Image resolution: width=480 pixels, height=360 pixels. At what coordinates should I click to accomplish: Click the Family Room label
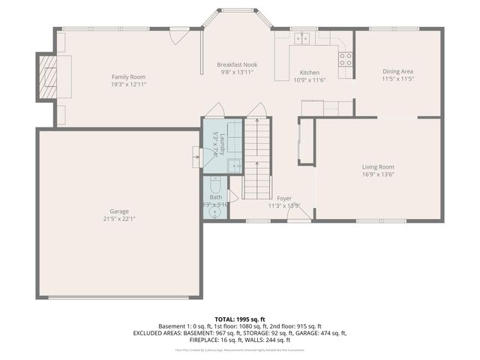click(x=128, y=76)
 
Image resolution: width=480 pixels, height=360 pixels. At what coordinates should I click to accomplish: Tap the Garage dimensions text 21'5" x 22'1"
click(x=119, y=219)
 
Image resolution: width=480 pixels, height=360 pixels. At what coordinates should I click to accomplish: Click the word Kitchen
click(x=310, y=72)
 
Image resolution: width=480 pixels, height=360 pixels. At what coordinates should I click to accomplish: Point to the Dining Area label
click(x=397, y=71)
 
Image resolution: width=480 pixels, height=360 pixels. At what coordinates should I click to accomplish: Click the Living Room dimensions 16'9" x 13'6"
click(x=378, y=174)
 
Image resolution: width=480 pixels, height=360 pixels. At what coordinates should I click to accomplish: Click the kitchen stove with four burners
click(x=345, y=59)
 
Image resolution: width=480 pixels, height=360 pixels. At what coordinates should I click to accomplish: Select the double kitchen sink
click(x=303, y=38)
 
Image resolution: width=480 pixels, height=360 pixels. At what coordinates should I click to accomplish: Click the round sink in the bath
click(x=216, y=212)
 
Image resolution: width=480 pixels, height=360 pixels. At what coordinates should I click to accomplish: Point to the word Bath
click(x=216, y=197)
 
